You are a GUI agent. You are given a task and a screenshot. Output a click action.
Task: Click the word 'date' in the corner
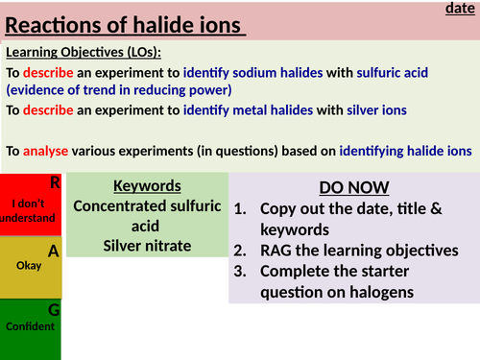462,9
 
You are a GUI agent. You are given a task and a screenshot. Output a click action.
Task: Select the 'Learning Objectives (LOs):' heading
84,52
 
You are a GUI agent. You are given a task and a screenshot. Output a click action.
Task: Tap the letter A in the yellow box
54,251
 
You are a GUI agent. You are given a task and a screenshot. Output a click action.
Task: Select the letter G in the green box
54,310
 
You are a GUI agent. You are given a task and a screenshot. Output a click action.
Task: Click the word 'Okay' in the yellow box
30,266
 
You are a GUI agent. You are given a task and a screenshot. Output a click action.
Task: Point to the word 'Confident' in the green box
30,326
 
